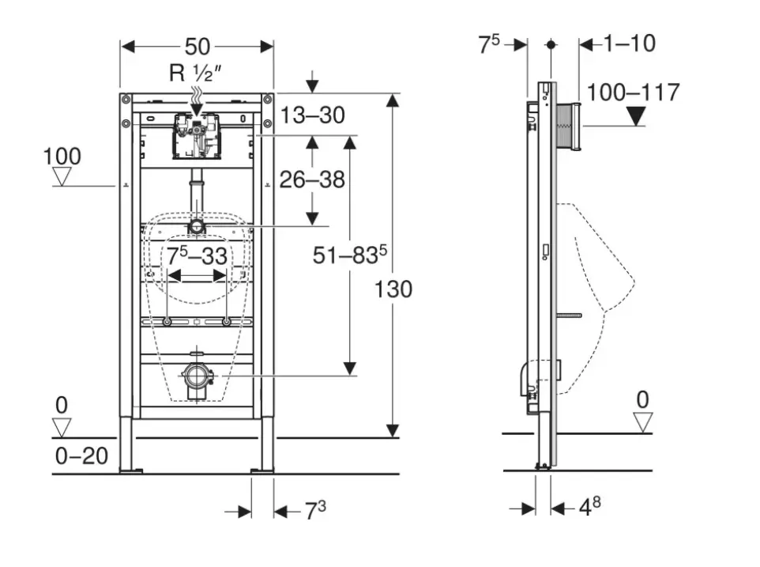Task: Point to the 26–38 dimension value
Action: click(x=313, y=180)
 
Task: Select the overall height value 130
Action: click(x=394, y=289)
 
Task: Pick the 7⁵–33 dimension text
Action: click(x=197, y=256)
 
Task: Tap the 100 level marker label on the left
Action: click(x=62, y=156)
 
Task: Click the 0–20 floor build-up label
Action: click(x=82, y=455)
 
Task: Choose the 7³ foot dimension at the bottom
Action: click(x=316, y=511)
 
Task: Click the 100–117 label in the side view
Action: click(x=634, y=93)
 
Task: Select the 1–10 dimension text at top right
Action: click(x=630, y=43)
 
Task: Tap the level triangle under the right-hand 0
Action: click(x=644, y=422)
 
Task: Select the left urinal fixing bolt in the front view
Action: click(x=167, y=322)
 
